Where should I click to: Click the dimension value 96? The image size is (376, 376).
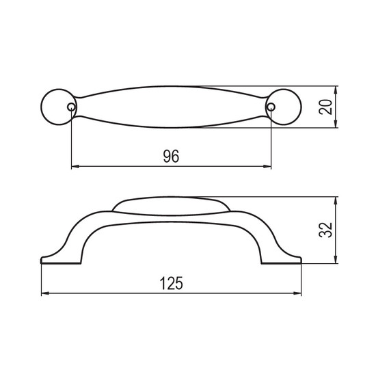(171, 156)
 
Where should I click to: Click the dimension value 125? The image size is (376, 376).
(171, 283)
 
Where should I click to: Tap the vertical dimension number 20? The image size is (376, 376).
(325, 107)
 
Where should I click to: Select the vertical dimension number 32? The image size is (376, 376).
(325, 230)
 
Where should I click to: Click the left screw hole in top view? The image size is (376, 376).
(71, 107)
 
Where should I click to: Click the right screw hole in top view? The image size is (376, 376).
(271, 107)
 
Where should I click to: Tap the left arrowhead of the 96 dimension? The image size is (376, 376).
(75, 166)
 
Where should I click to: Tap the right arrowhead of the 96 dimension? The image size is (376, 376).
(267, 166)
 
